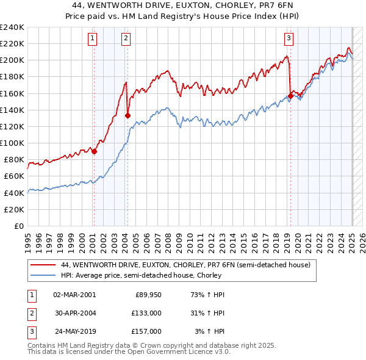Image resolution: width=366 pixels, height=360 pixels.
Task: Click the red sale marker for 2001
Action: [x=94, y=152]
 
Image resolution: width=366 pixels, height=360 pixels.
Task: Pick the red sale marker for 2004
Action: [x=127, y=115]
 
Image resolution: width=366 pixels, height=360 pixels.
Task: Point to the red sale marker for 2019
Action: [x=291, y=95]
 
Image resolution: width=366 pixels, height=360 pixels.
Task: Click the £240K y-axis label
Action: [x=12, y=27]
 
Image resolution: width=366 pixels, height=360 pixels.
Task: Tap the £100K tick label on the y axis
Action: [x=12, y=143]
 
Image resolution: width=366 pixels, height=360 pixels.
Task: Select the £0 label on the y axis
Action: [x=18, y=226]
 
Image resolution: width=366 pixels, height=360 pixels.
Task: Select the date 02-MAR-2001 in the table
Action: [x=75, y=295]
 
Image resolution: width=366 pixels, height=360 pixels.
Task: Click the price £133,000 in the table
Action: [x=146, y=313]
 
